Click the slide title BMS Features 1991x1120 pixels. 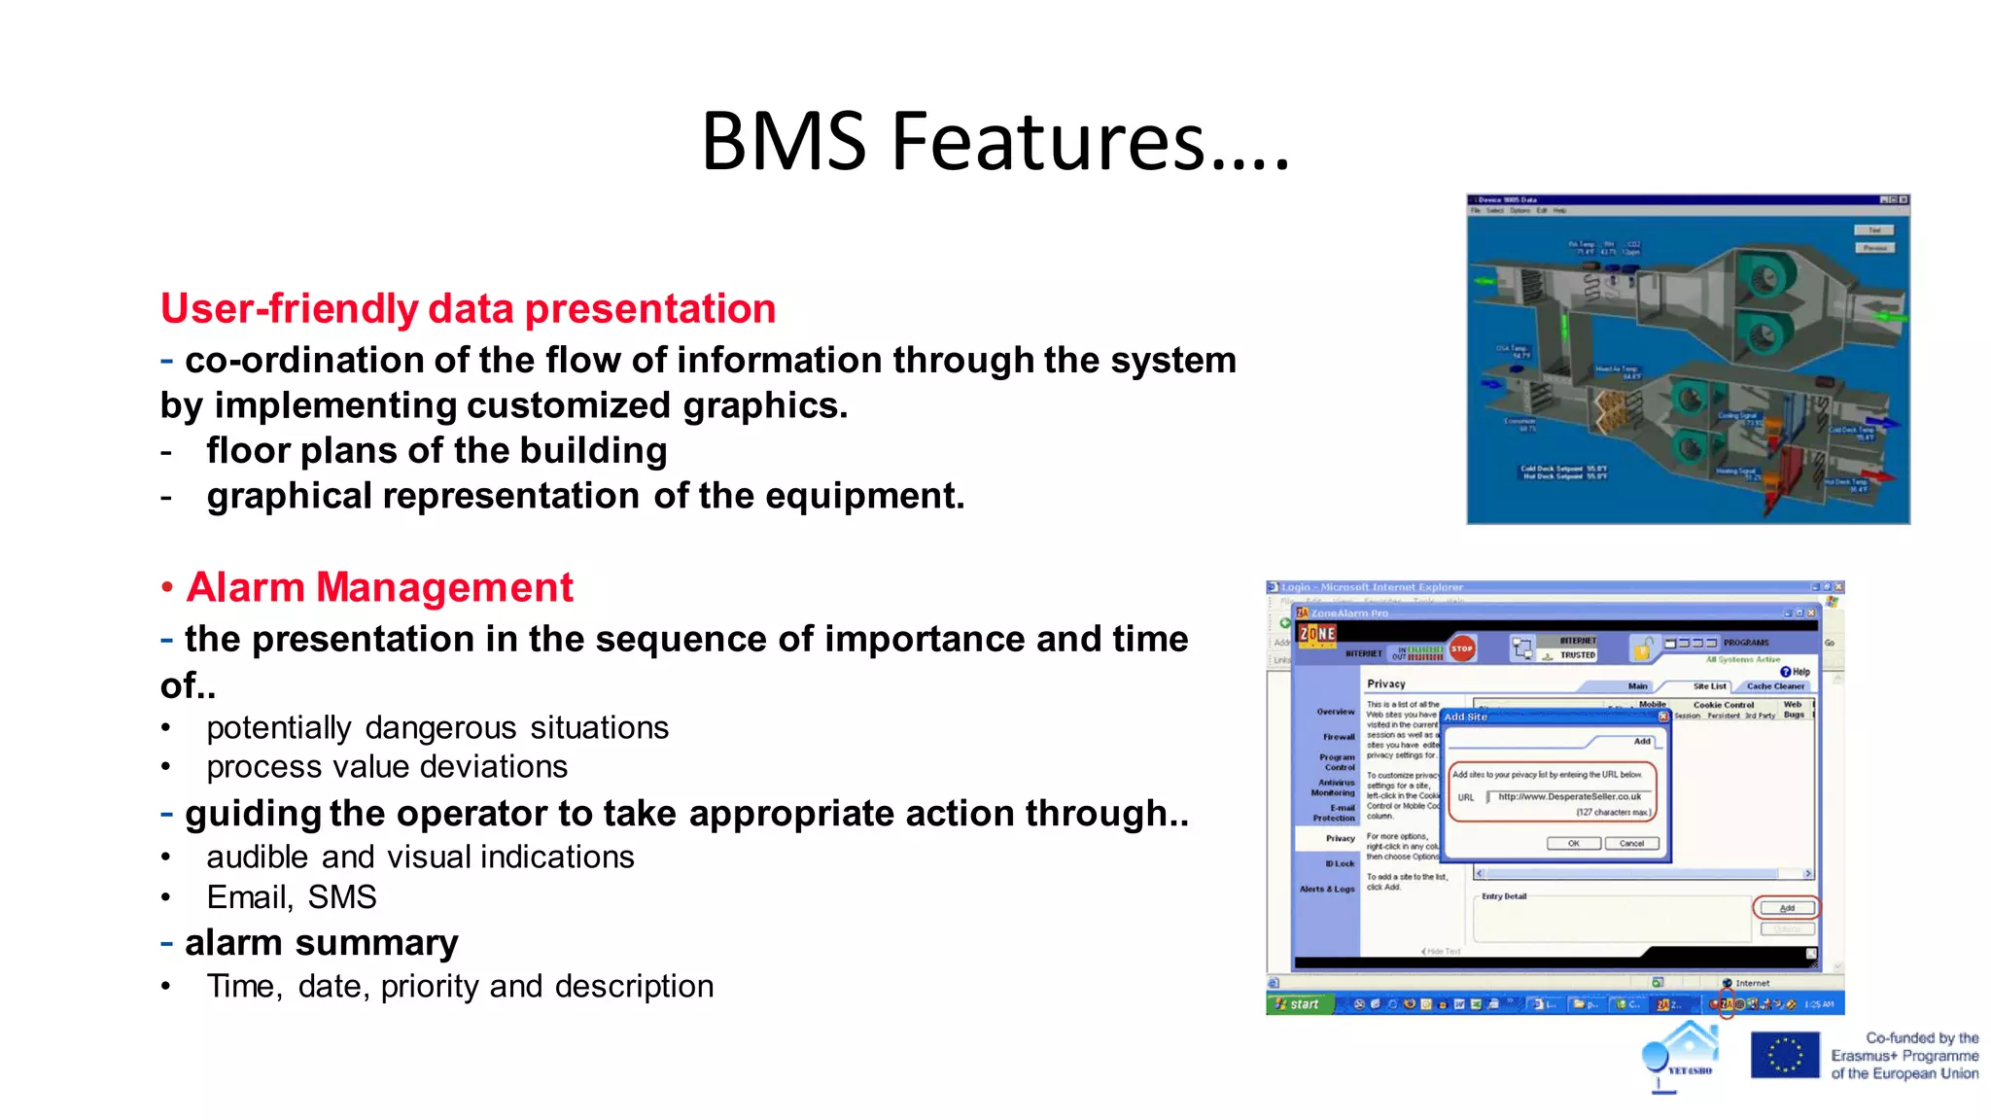(995, 142)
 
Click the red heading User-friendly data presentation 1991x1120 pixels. (468, 309)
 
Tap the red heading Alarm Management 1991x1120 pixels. (379, 587)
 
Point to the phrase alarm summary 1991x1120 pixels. (321, 942)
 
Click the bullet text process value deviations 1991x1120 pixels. (387, 767)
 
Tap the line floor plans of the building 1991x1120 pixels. (437, 451)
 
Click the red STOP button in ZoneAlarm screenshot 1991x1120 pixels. (1462, 648)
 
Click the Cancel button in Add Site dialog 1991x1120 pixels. (1631, 843)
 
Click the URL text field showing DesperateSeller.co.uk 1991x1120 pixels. (1569, 796)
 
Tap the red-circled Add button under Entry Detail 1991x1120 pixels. (1786, 908)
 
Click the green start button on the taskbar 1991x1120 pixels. (1299, 1004)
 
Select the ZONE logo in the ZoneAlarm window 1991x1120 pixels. (1317, 634)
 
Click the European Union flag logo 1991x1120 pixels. (1784, 1055)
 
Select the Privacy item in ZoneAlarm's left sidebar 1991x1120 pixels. (1339, 838)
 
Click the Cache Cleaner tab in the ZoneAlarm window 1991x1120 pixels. (1775, 685)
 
